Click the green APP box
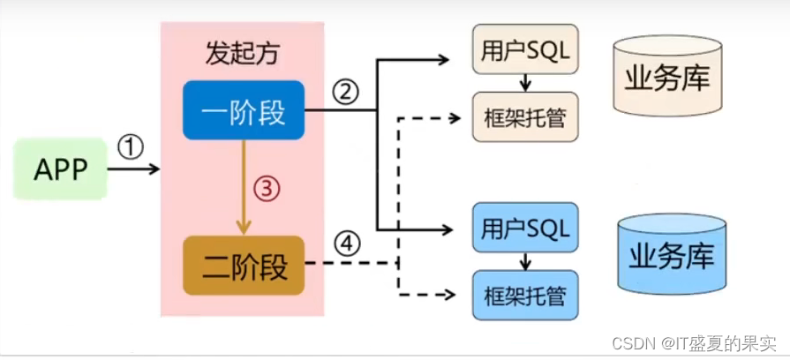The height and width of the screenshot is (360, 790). click(61, 169)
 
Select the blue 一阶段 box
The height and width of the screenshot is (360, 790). click(244, 109)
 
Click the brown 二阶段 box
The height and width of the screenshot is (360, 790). click(244, 266)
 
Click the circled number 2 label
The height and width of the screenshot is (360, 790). click(345, 90)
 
